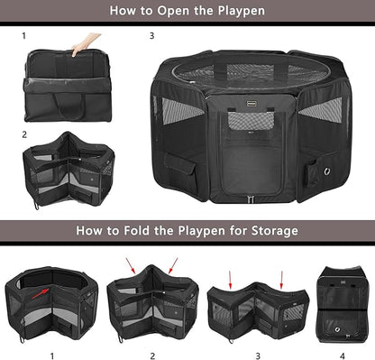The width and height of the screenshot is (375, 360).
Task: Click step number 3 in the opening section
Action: (x=151, y=37)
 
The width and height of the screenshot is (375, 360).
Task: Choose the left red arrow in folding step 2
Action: (x=133, y=266)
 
